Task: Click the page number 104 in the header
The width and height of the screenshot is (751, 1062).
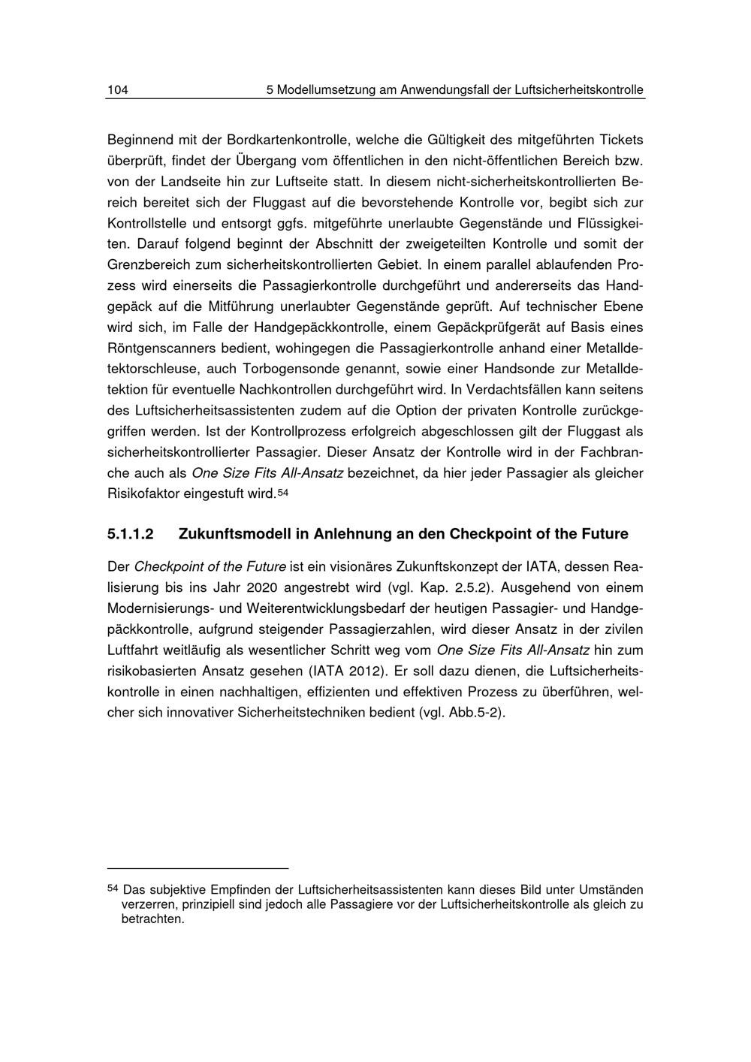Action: pyautogui.click(x=118, y=90)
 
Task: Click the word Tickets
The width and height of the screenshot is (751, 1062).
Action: pyautogui.click(x=620, y=140)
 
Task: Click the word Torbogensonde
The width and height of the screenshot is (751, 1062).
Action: pyautogui.click(x=286, y=370)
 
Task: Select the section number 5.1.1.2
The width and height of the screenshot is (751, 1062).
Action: pyautogui.click(x=131, y=535)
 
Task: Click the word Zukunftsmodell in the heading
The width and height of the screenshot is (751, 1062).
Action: pyautogui.click(x=234, y=535)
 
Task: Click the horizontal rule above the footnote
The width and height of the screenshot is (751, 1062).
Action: pyautogui.click(x=198, y=867)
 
